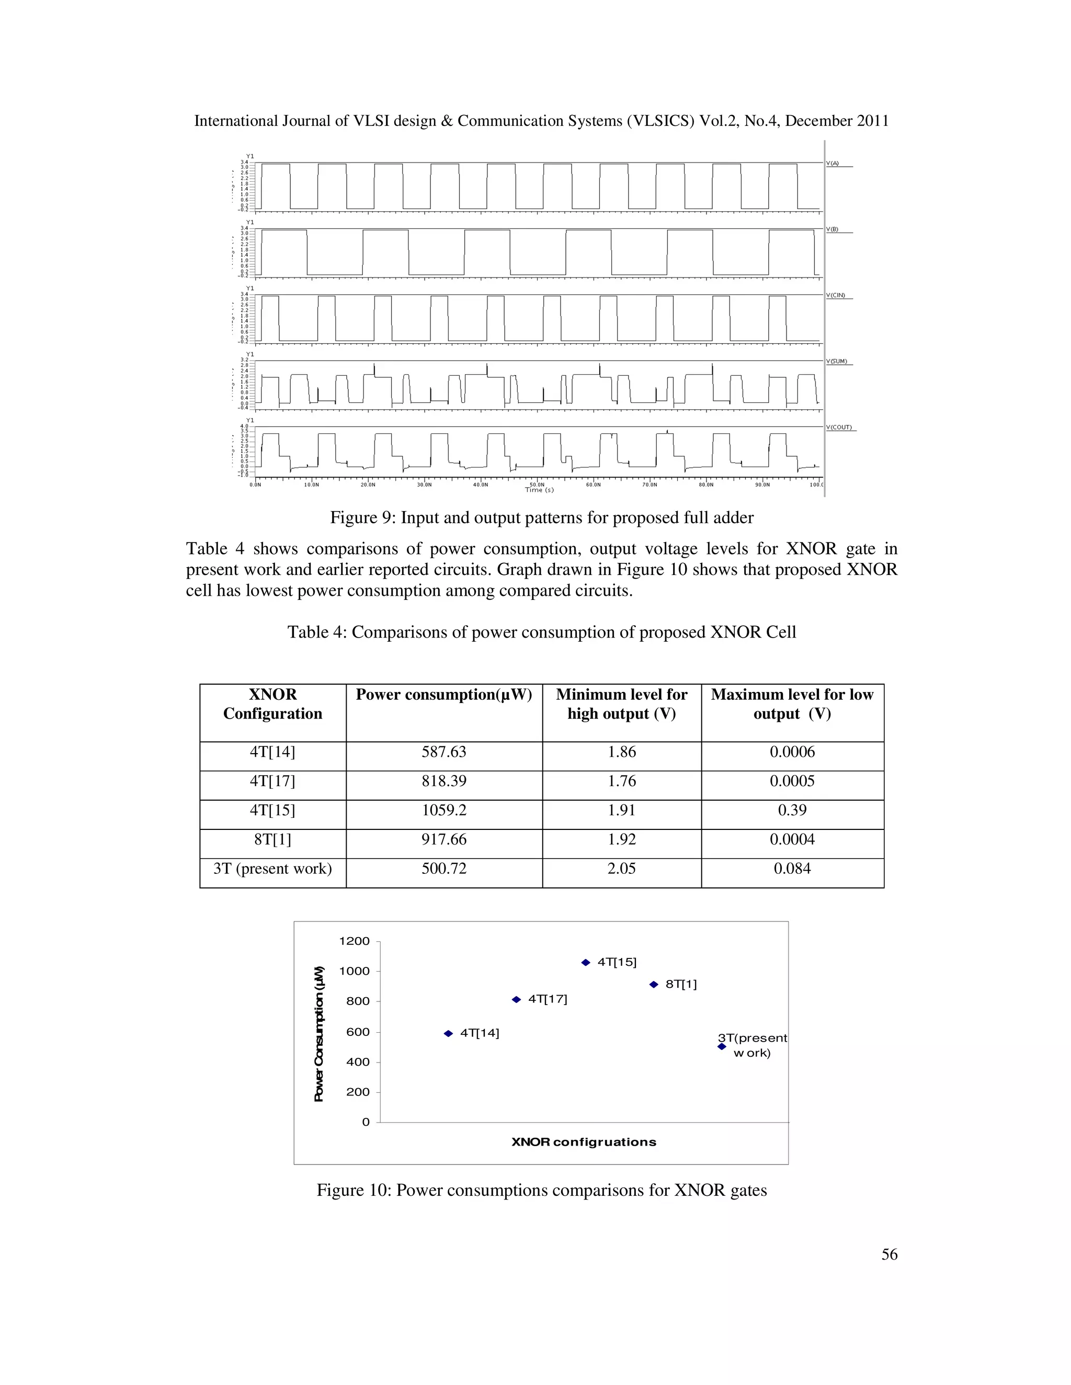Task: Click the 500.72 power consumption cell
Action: pyautogui.click(x=443, y=868)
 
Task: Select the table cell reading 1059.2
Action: pyautogui.click(x=443, y=810)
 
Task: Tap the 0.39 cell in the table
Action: pyautogui.click(x=792, y=810)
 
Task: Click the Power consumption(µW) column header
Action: pyautogui.click(x=443, y=695)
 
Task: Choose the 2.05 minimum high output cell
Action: pyautogui.click(x=621, y=868)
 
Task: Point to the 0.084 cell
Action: pyautogui.click(x=792, y=868)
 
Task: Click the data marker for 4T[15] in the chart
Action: pyautogui.click(x=586, y=963)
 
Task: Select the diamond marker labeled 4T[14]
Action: pyautogui.click(x=448, y=1033)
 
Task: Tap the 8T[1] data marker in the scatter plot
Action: pyautogui.click(x=654, y=985)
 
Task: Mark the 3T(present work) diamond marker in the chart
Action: pyautogui.click(x=721, y=1046)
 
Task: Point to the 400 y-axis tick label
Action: pyautogui.click(x=358, y=1061)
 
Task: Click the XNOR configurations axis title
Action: pyautogui.click(x=584, y=1142)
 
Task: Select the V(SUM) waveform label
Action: pyautogui.click(x=839, y=362)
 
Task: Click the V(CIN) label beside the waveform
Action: pyautogui.click(x=838, y=295)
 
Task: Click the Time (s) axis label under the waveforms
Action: pyautogui.click(x=539, y=490)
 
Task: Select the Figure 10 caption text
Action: pyautogui.click(x=541, y=1190)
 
